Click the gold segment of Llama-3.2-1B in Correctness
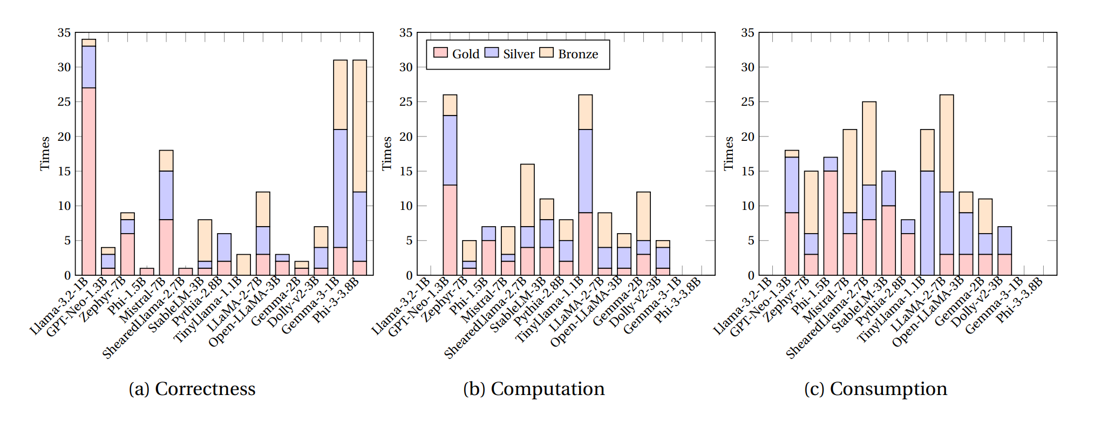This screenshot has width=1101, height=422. point(89,181)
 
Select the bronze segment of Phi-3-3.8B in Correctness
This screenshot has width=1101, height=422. point(359,126)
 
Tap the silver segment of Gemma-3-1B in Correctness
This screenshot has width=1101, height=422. point(340,188)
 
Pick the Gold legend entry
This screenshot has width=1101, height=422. point(457,54)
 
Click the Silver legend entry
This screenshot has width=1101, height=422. point(509,54)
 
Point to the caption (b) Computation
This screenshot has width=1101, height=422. point(534,389)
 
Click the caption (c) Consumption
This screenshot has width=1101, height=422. point(875,389)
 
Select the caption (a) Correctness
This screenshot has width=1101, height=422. point(192,389)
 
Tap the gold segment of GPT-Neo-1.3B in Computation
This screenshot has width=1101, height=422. point(450,230)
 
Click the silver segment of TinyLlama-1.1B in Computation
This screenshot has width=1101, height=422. point(585,171)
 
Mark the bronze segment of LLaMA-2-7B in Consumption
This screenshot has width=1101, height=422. point(946,144)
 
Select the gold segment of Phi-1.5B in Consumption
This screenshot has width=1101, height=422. point(830,223)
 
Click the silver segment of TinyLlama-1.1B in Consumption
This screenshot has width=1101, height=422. point(927,223)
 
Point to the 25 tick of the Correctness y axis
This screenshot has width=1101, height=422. point(64,102)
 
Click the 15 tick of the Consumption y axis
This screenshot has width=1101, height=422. point(747,171)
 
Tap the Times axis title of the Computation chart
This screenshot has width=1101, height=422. point(386,153)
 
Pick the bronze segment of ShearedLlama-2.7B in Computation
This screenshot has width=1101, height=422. point(527,195)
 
